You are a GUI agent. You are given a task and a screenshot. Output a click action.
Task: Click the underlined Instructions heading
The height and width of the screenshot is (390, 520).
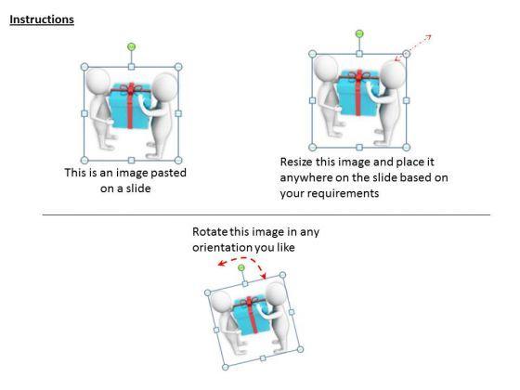[42, 19]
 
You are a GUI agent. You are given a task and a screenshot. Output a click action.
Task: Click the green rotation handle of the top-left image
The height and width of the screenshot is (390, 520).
[131, 47]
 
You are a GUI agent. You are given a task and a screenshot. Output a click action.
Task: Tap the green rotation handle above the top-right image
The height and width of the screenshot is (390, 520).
[359, 33]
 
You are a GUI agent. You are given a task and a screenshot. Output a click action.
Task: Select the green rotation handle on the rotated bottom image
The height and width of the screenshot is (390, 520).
[241, 267]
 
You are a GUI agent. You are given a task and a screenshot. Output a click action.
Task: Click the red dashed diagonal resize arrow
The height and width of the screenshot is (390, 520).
[413, 47]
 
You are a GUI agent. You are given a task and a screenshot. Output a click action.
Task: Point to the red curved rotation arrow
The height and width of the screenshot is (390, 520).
[243, 259]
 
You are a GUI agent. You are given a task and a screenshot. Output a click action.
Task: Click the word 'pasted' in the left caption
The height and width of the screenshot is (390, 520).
[168, 173]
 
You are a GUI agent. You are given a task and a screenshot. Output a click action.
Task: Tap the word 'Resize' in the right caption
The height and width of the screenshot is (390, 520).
[296, 162]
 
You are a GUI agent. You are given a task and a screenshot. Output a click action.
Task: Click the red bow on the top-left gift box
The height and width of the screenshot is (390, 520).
[131, 88]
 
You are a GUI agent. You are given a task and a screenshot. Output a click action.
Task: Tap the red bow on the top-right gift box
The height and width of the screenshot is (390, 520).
[359, 75]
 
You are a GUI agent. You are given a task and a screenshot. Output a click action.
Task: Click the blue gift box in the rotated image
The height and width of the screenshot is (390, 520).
[250, 316]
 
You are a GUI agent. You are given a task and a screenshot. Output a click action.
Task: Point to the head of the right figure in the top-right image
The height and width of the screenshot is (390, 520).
[393, 73]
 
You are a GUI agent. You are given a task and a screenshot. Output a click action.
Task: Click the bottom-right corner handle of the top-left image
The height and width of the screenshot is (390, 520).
[178, 161]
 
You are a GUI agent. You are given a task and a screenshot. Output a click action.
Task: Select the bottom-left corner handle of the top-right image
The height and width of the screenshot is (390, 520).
[312, 147]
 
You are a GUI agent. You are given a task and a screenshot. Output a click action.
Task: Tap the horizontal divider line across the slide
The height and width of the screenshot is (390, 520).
[266, 214]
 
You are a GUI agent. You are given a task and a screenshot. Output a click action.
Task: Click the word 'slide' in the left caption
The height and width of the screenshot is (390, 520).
[137, 188]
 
